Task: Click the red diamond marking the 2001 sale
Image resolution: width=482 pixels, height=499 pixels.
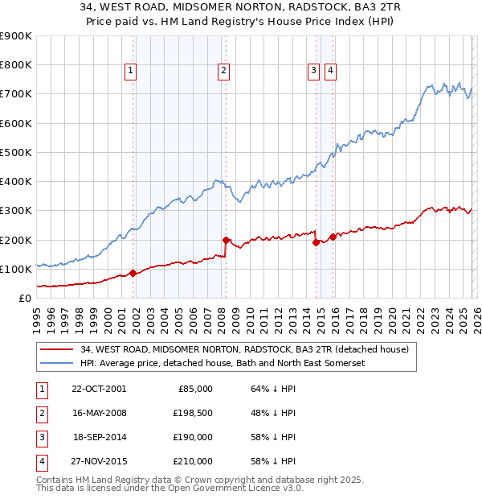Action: click(x=133, y=273)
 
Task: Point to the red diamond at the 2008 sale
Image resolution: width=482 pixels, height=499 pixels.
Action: click(x=226, y=240)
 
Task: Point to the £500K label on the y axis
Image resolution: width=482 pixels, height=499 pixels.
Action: click(x=16, y=152)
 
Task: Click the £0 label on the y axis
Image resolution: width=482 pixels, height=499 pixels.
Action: click(x=24, y=298)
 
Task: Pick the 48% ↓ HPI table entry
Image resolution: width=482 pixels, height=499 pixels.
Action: click(x=274, y=413)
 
